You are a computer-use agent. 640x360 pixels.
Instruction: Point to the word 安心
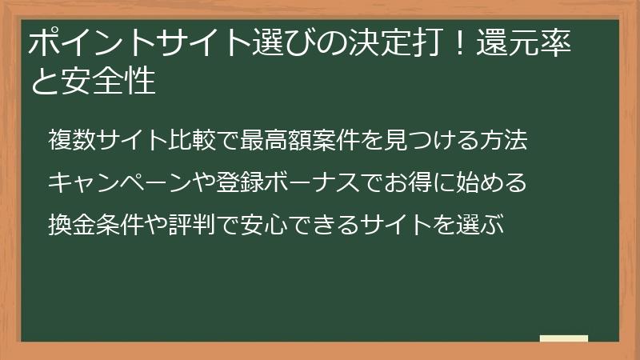tap(272, 220)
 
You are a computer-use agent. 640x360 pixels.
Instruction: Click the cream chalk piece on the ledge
tap(563, 338)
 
